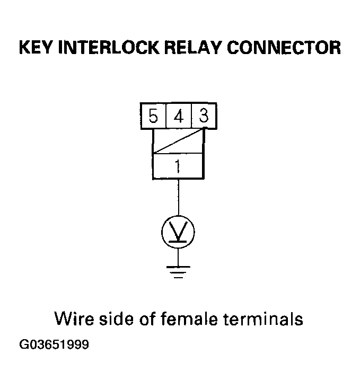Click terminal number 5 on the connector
[x=153, y=116]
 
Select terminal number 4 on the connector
[x=178, y=116]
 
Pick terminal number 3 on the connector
[x=203, y=116]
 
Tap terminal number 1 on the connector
[x=178, y=167]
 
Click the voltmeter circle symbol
[x=178, y=230]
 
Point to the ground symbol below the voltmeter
[x=178, y=271]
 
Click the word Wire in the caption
[x=73, y=320]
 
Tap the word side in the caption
[x=115, y=320]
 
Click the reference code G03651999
[x=54, y=345]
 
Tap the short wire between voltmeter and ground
[x=178, y=255]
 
